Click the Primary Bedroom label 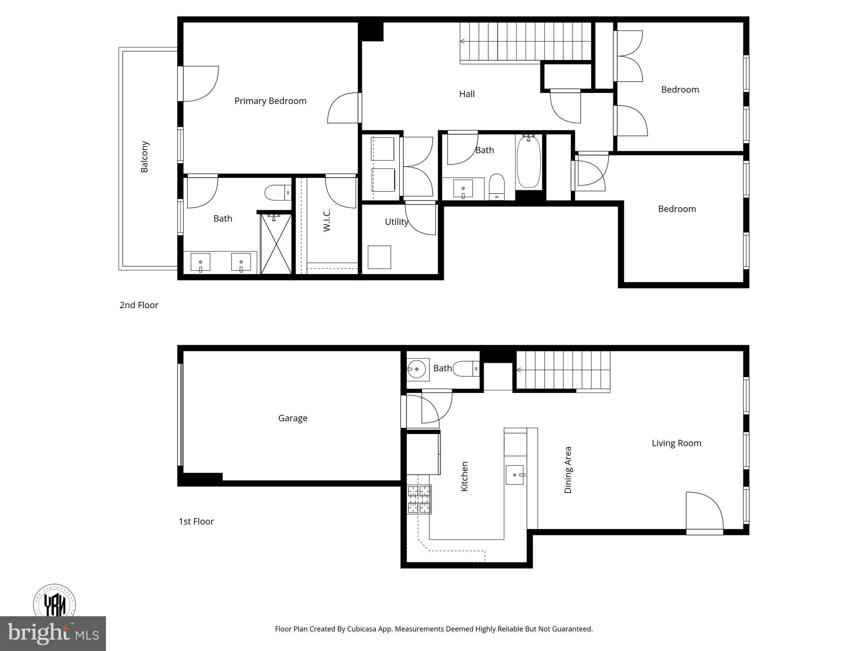coord(270,101)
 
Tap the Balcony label coord(145,157)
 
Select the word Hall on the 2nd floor coord(467,94)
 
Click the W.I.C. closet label coord(327,220)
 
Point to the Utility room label coord(396,222)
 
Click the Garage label coord(292,418)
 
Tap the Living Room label coord(676,443)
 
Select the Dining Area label coord(568,470)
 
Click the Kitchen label coord(465,476)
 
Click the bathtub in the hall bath coord(529,162)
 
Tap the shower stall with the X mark coord(276,244)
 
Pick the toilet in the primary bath coord(277,193)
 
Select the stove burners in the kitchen coord(419,499)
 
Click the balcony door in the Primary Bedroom coord(199,83)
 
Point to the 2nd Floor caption coord(139,305)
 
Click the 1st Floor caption coord(196,521)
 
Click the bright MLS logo coord(53,633)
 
